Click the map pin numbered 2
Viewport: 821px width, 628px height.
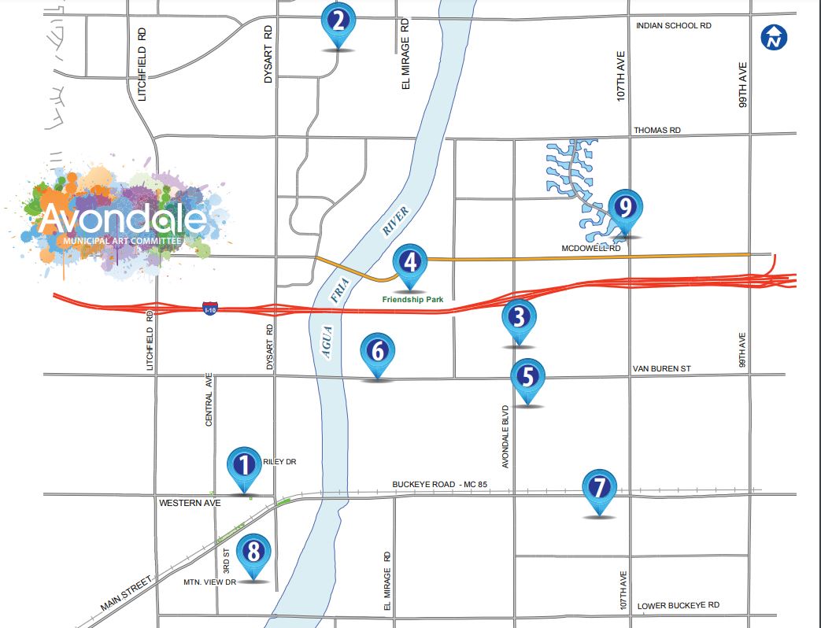pos(338,21)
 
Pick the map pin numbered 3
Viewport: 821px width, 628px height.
pos(518,318)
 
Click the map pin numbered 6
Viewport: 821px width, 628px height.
pos(378,352)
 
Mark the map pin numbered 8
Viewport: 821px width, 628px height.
pos(253,552)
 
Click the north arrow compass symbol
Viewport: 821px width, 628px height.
pos(775,37)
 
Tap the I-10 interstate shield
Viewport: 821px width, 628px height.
pos(209,308)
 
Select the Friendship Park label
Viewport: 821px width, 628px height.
pos(409,299)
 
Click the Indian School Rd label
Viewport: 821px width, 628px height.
pos(673,26)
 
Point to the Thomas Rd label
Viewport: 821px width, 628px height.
pos(657,130)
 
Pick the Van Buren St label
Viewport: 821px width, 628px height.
pos(661,368)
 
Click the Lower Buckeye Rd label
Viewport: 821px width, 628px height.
pos(678,605)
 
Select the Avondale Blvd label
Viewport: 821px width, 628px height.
pos(505,437)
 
